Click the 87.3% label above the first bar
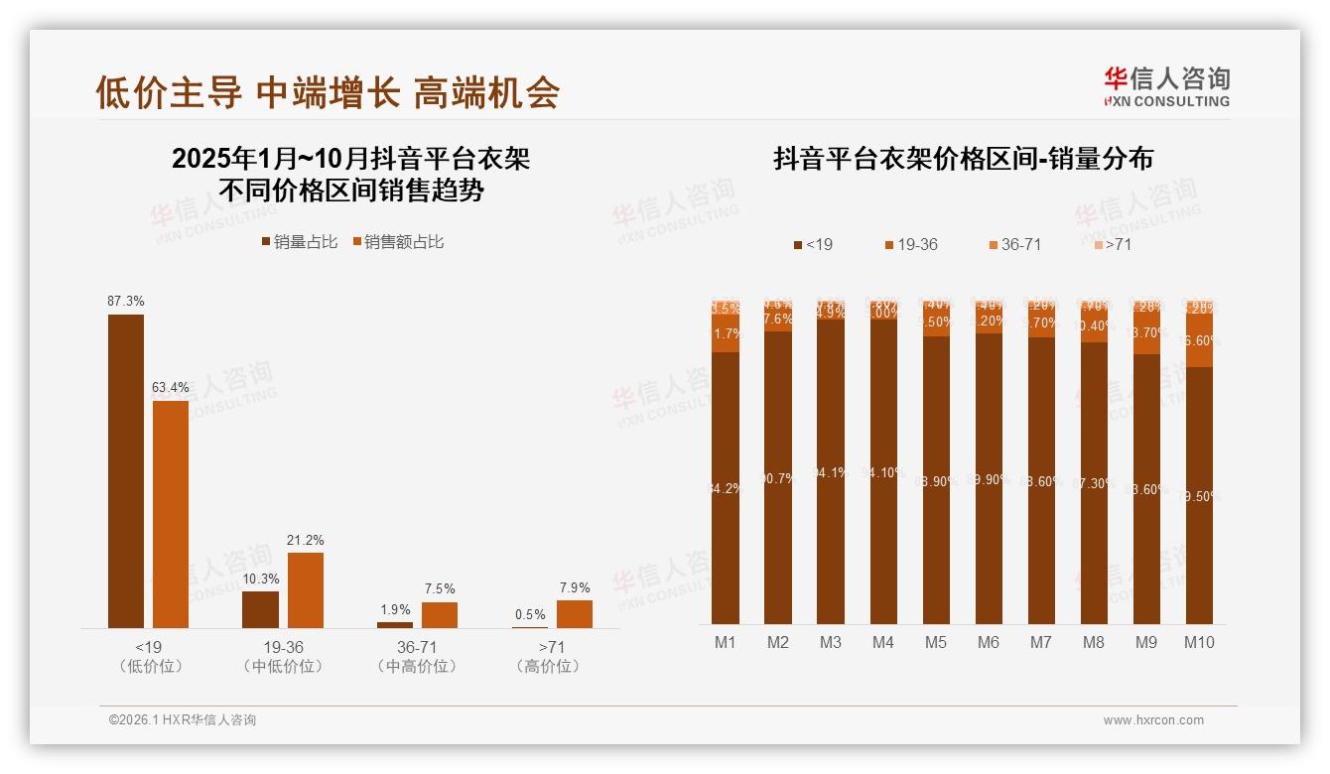point(126,301)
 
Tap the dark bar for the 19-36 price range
point(260,609)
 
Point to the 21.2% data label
point(306,540)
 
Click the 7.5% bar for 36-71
point(440,614)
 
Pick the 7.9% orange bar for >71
point(575,613)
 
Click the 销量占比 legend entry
point(299,242)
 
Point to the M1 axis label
point(726,642)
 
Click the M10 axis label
point(1199,642)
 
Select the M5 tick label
point(936,642)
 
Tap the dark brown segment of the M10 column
point(1199,495)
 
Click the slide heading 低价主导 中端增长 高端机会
point(328,92)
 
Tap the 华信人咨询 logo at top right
point(1166,86)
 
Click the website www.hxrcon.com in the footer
point(1153,720)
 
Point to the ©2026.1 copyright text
point(182,720)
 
